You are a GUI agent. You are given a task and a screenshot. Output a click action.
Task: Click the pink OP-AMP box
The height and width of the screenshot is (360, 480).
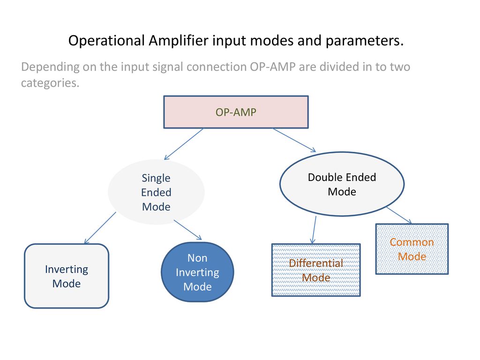click(x=236, y=112)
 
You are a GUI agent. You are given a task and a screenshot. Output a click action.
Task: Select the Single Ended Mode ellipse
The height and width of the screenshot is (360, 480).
click(x=156, y=192)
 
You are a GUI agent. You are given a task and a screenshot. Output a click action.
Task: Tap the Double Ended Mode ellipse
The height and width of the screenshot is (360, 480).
click(x=342, y=184)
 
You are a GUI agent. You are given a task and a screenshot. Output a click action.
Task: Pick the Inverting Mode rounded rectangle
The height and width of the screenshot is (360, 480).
click(x=67, y=276)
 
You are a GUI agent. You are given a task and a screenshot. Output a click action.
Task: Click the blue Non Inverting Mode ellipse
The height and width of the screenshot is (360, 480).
click(x=197, y=272)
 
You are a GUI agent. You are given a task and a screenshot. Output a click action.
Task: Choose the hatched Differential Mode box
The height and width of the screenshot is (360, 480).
click(x=316, y=270)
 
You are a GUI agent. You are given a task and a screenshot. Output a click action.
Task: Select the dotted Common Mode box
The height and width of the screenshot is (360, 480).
click(x=412, y=249)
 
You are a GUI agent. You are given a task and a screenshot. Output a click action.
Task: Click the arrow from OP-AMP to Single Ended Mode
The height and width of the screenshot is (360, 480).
click(x=184, y=144)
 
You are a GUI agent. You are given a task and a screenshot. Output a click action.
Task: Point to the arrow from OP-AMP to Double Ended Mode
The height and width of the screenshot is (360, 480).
click(x=294, y=140)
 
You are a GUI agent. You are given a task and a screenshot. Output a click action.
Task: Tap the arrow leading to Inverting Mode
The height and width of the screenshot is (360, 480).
click(x=100, y=228)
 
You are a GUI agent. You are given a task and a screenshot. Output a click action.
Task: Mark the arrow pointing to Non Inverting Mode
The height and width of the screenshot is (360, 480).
click(x=187, y=230)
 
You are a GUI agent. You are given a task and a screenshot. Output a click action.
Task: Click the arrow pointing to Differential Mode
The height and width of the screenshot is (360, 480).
click(x=314, y=230)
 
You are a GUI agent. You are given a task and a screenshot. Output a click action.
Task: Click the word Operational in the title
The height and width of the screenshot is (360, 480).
click(x=106, y=41)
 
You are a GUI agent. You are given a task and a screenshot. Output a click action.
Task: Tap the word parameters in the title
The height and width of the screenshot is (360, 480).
click(x=365, y=41)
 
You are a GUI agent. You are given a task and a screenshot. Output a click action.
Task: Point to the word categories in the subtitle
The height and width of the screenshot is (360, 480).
click(x=50, y=83)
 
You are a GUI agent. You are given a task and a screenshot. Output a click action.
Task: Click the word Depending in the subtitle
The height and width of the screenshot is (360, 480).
click(x=51, y=67)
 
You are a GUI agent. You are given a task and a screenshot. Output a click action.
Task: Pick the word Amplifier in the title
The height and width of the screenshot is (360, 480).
click(x=179, y=41)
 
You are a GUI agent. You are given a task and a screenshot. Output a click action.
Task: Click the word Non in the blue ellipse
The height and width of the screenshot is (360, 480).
click(x=197, y=258)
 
